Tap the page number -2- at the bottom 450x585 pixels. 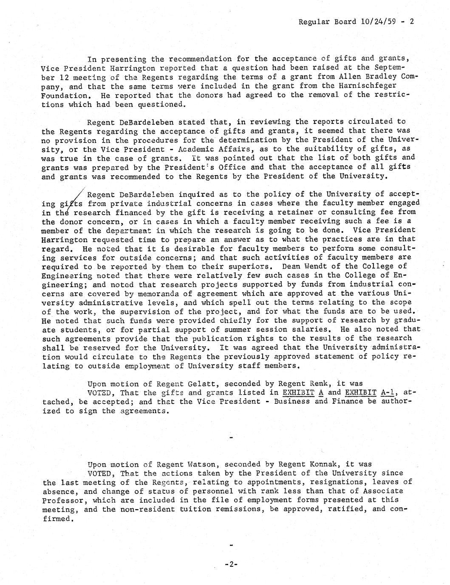point(231,564)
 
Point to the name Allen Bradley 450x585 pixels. point(372,77)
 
